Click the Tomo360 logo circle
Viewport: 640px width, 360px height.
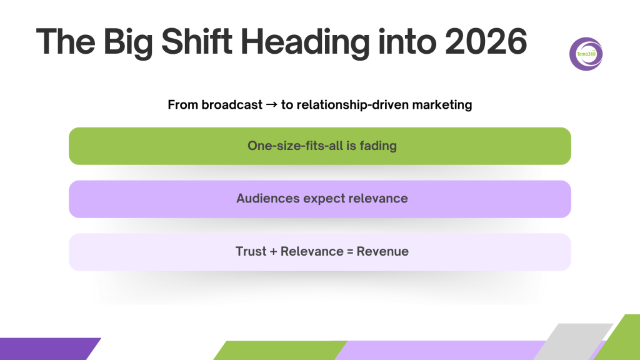point(586,54)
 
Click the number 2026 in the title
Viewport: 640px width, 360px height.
point(486,42)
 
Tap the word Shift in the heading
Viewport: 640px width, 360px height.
point(197,42)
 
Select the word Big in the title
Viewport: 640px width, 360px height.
point(128,43)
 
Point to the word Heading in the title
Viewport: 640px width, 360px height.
point(305,43)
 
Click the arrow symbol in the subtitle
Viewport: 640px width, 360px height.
point(271,105)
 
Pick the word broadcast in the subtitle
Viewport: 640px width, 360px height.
point(232,105)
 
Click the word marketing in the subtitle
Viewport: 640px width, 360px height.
point(442,105)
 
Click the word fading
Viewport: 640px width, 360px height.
point(378,146)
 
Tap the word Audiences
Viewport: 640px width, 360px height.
point(268,198)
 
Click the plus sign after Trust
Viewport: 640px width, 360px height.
point(273,252)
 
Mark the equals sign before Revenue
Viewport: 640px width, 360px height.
point(350,252)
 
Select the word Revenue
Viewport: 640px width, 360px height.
point(382,251)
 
